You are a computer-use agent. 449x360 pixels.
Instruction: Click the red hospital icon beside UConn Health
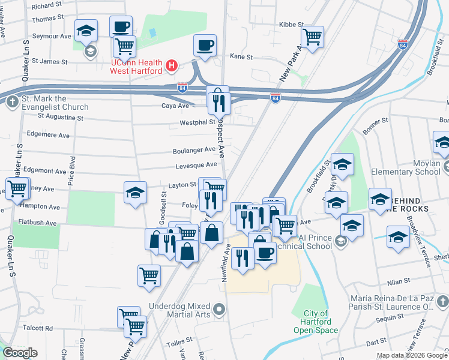(x=172, y=65)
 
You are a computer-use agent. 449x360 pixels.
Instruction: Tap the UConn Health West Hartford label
(x=136, y=67)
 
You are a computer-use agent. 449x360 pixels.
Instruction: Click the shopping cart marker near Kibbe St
(x=313, y=37)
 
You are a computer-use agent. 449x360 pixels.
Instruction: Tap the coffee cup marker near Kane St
(x=205, y=45)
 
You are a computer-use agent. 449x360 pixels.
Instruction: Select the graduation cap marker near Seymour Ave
(x=86, y=29)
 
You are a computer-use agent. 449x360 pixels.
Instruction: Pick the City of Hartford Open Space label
(x=316, y=322)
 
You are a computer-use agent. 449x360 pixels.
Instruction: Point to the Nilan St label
(x=398, y=280)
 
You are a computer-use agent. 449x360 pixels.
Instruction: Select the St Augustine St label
(x=60, y=117)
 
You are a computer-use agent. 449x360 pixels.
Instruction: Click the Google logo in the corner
(x=20, y=353)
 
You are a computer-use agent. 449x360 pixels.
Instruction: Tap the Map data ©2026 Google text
(x=411, y=355)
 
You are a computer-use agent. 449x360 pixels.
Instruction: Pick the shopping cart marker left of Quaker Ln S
(x=17, y=187)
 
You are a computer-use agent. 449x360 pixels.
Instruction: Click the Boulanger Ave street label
(x=194, y=149)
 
